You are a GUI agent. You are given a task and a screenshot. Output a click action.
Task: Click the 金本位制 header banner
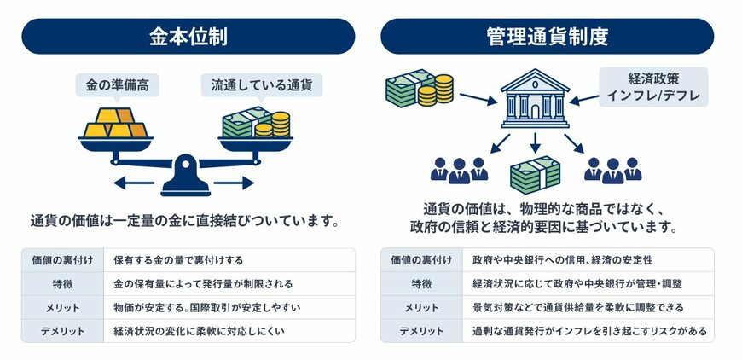pyautogui.click(x=188, y=37)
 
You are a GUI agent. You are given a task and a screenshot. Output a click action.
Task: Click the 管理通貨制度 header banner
pyautogui.click(x=548, y=37)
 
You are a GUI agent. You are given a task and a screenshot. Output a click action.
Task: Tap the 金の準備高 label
pyautogui.click(x=118, y=85)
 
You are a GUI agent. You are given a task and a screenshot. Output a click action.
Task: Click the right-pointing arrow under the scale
pyautogui.click(x=234, y=182)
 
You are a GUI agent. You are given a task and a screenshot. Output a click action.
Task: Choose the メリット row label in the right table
pyautogui.click(x=421, y=307)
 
